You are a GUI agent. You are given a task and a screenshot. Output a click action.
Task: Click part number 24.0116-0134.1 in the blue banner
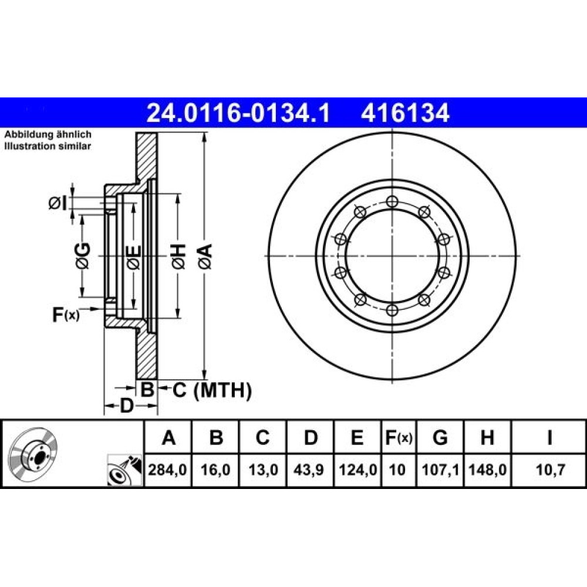(x=238, y=113)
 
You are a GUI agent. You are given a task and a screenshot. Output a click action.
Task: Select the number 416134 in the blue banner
(x=404, y=113)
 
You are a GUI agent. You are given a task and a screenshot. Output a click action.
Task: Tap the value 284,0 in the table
(x=167, y=470)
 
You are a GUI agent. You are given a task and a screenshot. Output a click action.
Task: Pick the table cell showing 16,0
(x=215, y=470)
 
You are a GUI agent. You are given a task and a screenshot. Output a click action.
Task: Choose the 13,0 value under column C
(x=263, y=470)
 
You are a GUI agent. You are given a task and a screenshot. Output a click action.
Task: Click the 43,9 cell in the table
(x=309, y=470)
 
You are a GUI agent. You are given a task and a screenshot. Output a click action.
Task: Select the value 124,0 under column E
(x=357, y=470)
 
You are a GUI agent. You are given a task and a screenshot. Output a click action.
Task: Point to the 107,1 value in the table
(x=440, y=470)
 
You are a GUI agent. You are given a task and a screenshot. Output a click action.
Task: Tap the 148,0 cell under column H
(x=487, y=470)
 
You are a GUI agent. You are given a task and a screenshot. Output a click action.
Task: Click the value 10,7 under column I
(x=550, y=470)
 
